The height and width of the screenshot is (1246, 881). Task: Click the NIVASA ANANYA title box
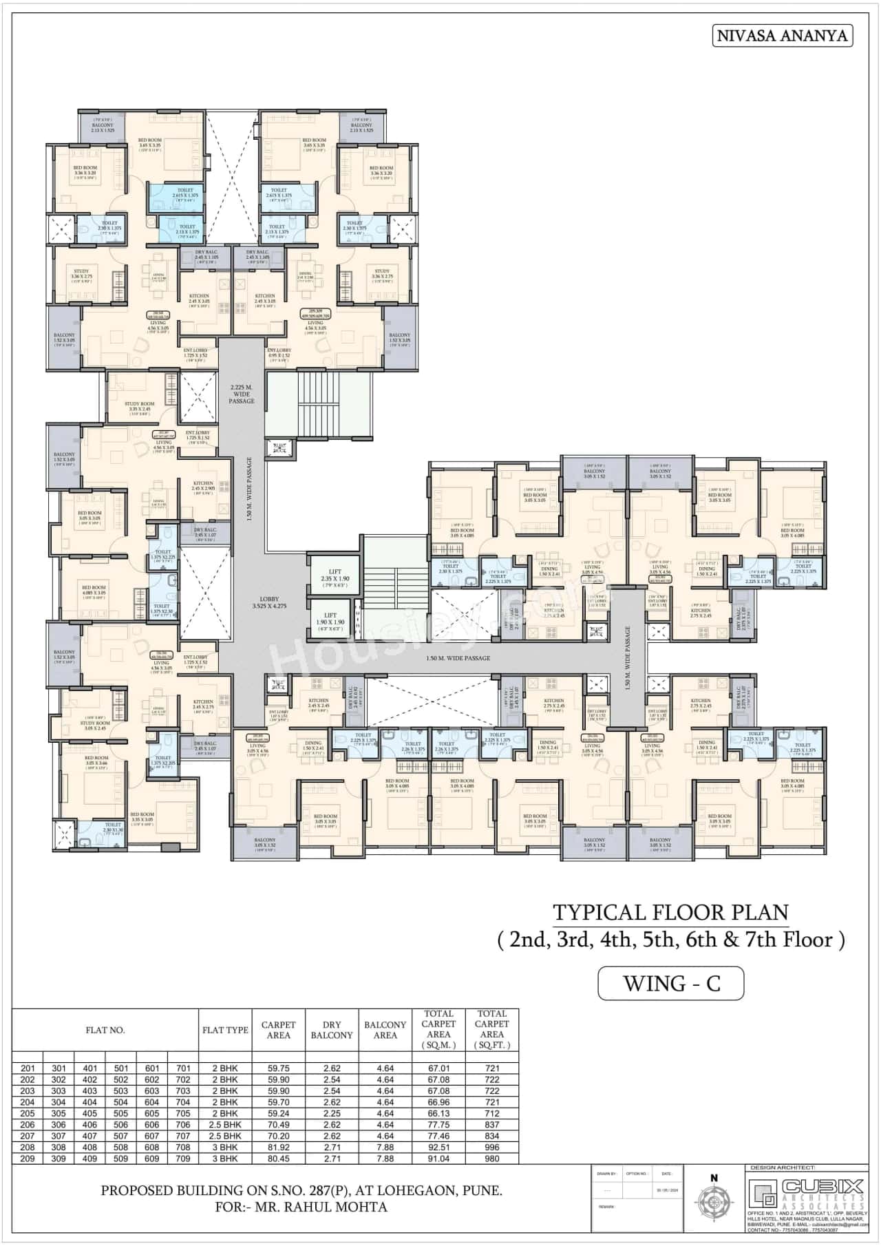point(782,36)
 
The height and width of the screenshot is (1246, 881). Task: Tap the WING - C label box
point(671,982)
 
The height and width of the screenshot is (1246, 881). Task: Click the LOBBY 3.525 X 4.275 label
point(269,602)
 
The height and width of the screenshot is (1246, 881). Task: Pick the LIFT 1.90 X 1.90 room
point(330,618)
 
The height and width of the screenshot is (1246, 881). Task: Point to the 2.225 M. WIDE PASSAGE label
point(242,394)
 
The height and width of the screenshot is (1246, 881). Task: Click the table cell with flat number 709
point(183,1159)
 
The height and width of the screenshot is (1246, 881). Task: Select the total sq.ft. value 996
point(491,1148)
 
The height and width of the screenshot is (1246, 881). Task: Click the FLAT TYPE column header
point(225,1030)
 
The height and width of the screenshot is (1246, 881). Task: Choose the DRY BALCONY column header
point(332,1030)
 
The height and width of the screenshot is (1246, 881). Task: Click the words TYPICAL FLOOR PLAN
point(670,912)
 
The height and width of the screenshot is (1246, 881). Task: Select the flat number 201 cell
point(28,1068)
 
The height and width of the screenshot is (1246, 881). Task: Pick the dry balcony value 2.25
point(332,1113)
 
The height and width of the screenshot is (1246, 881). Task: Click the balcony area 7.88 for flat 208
point(385,1148)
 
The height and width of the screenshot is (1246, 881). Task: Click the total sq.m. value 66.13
point(438,1113)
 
